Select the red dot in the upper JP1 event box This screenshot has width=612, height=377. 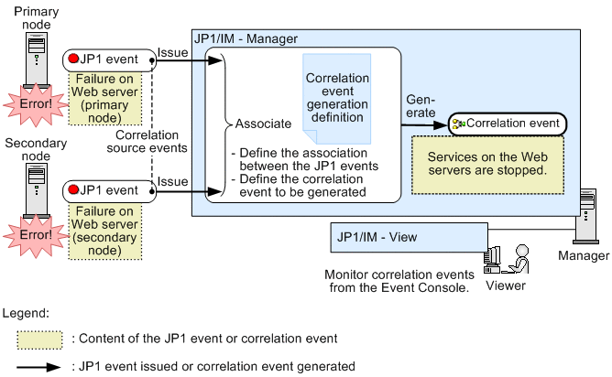click(73, 59)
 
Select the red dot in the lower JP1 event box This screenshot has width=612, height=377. click(73, 191)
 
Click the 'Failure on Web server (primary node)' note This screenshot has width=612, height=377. click(108, 98)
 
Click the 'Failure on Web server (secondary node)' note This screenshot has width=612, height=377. click(108, 231)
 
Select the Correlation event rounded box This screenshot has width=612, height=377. click(507, 123)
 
